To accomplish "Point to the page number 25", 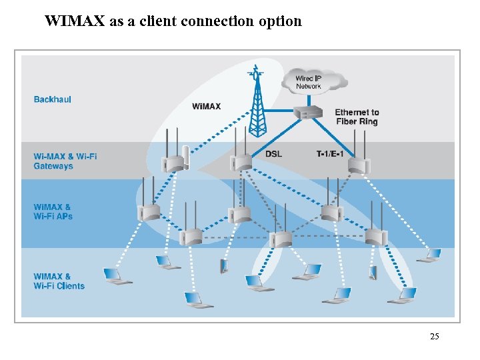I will click(434, 337).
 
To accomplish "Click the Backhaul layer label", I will click(52, 99).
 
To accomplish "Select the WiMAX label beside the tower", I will click(206, 107).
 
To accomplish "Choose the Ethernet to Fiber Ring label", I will click(357, 117).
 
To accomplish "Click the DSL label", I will click(273, 154).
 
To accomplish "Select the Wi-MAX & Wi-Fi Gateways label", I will click(65, 161).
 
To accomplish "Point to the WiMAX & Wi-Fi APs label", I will click(53, 211).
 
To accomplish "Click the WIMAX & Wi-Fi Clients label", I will click(59, 281).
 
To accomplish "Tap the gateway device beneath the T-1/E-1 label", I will click(358, 165).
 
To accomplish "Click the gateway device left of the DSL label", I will click(240, 162).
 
